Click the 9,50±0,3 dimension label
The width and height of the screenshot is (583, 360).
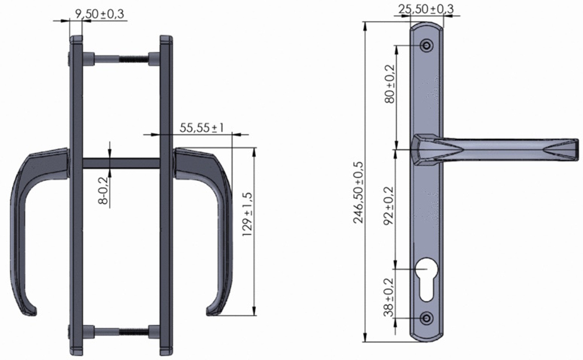(100, 14)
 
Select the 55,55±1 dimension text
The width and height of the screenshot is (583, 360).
(202, 128)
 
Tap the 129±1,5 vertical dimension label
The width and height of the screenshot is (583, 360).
(247, 215)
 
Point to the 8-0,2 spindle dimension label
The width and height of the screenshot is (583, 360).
(104, 191)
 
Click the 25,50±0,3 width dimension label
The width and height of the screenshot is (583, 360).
(426, 9)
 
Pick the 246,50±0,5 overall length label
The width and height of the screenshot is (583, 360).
(359, 192)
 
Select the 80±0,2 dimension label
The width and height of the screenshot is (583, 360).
(389, 84)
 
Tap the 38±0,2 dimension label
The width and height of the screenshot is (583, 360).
(389, 298)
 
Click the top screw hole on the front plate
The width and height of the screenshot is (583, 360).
(427, 46)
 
